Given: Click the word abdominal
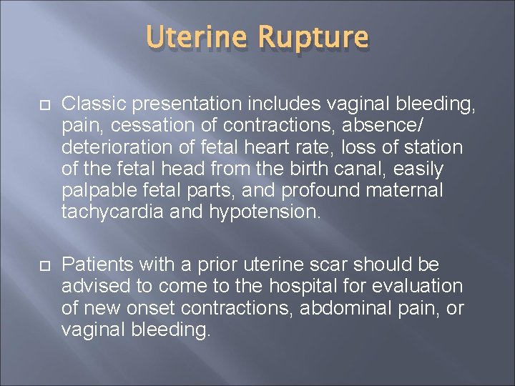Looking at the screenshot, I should coord(338,308).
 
